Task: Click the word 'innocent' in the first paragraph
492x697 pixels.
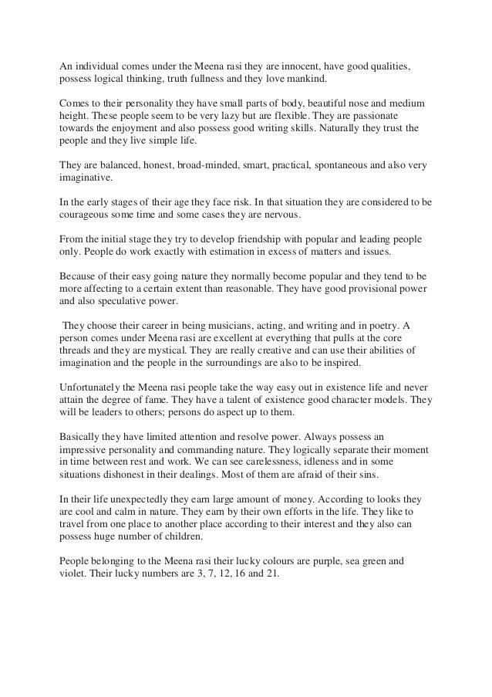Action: click(x=292, y=66)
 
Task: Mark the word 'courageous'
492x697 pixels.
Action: click(x=85, y=215)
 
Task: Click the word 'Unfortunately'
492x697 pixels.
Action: click(x=92, y=387)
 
